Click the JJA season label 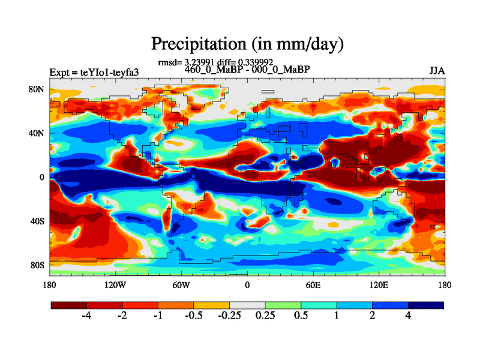[x=437, y=70]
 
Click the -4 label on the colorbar [x=86, y=316]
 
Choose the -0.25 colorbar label [x=229, y=316]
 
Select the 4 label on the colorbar [x=408, y=316]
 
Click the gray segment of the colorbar [x=247, y=305]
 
